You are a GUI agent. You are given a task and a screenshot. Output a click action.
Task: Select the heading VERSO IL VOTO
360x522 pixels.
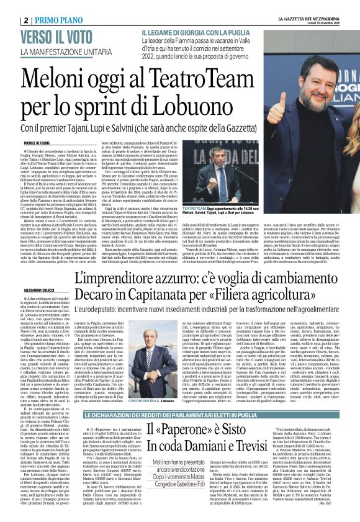click(70, 37)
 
